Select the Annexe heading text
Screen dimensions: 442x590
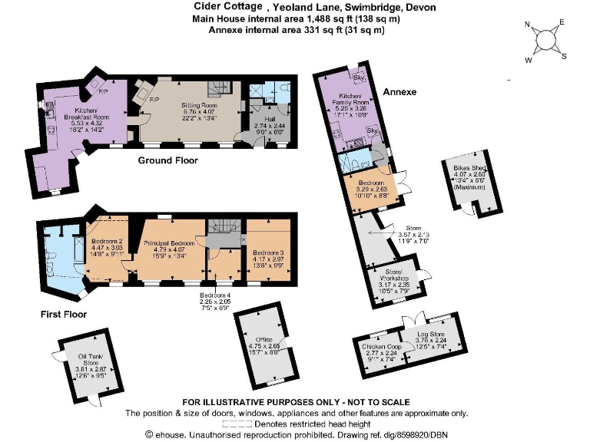[x=399, y=92]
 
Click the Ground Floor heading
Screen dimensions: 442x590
[x=167, y=160]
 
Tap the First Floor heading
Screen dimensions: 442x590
[x=63, y=314]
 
